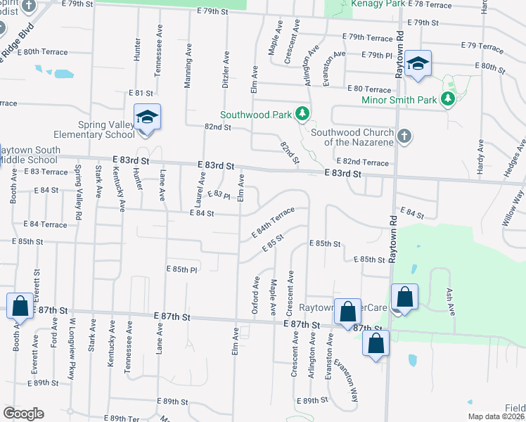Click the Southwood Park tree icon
click(302, 113)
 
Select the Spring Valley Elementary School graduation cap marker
click(148, 117)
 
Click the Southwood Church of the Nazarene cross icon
click(404, 136)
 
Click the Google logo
click(23, 414)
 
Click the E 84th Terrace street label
click(274, 222)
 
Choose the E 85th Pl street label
click(181, 269)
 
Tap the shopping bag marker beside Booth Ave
click(20, 307)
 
